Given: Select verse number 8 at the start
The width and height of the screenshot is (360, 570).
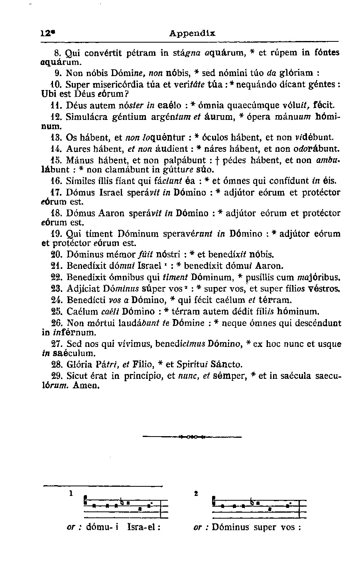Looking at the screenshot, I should pos(56,53).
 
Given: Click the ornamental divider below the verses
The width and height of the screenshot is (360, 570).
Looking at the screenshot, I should pos(193,437).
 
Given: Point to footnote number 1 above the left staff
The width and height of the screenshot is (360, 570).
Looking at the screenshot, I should pos(71,493).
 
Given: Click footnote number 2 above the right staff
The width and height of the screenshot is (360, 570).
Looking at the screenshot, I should pos(196,493).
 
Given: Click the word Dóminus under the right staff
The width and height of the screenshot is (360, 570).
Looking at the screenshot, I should pos(230,527).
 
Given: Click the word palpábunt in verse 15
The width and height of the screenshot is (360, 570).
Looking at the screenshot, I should pos(187,161).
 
